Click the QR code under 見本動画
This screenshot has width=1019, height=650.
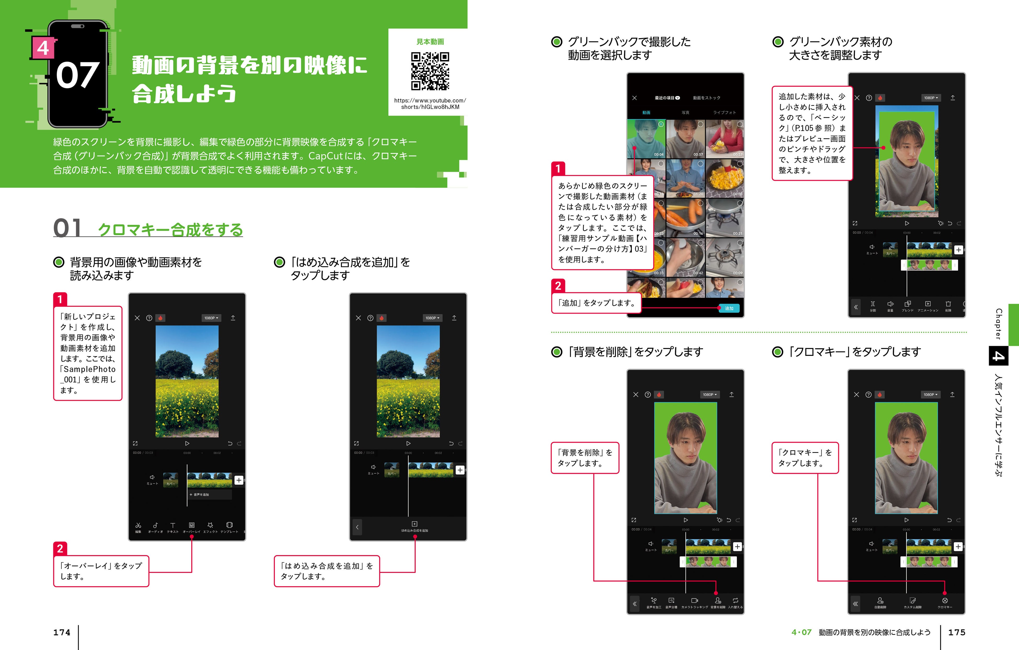pyautogui.click(x=430, y=71)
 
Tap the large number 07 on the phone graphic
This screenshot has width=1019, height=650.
pyautogui.click(x=77, y=75)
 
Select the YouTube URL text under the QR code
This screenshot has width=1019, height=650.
pyautogui.click(x=430, y=104)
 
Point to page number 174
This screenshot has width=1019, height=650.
pyautogui.click(x=62, y=632)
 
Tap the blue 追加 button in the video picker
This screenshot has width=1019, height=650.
pyautogui.click(x=729, y=308)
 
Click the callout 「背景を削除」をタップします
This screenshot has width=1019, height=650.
pyautogui.click(x=585, y=458)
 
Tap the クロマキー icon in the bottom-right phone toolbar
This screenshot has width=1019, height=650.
pyautogui.click(x=945, y=601)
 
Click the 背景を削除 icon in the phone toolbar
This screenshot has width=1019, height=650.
pyautogui.click(x=718, y=601)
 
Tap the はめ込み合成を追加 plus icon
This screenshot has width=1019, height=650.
pyautogui.click(x=414, y=524)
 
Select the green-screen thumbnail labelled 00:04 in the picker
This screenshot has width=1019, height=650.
pyautogui.click(x=646, y=139)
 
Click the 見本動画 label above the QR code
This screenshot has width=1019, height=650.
pyautogui.click(x=430, y=42)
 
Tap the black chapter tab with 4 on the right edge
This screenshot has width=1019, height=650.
pyautogui.click(x=998, y=356)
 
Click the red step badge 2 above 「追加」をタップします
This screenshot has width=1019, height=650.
pyautogui.click(x=558, y=286)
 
